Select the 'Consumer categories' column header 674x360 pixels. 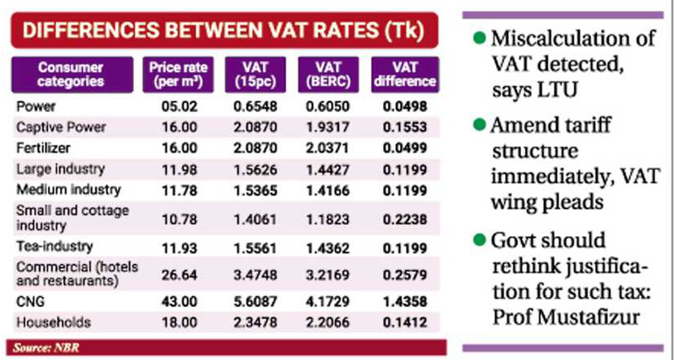click(72, 74)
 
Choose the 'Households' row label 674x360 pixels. click(46, 323)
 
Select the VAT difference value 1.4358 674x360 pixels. click(403, 301)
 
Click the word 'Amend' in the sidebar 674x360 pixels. click(528, 126)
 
